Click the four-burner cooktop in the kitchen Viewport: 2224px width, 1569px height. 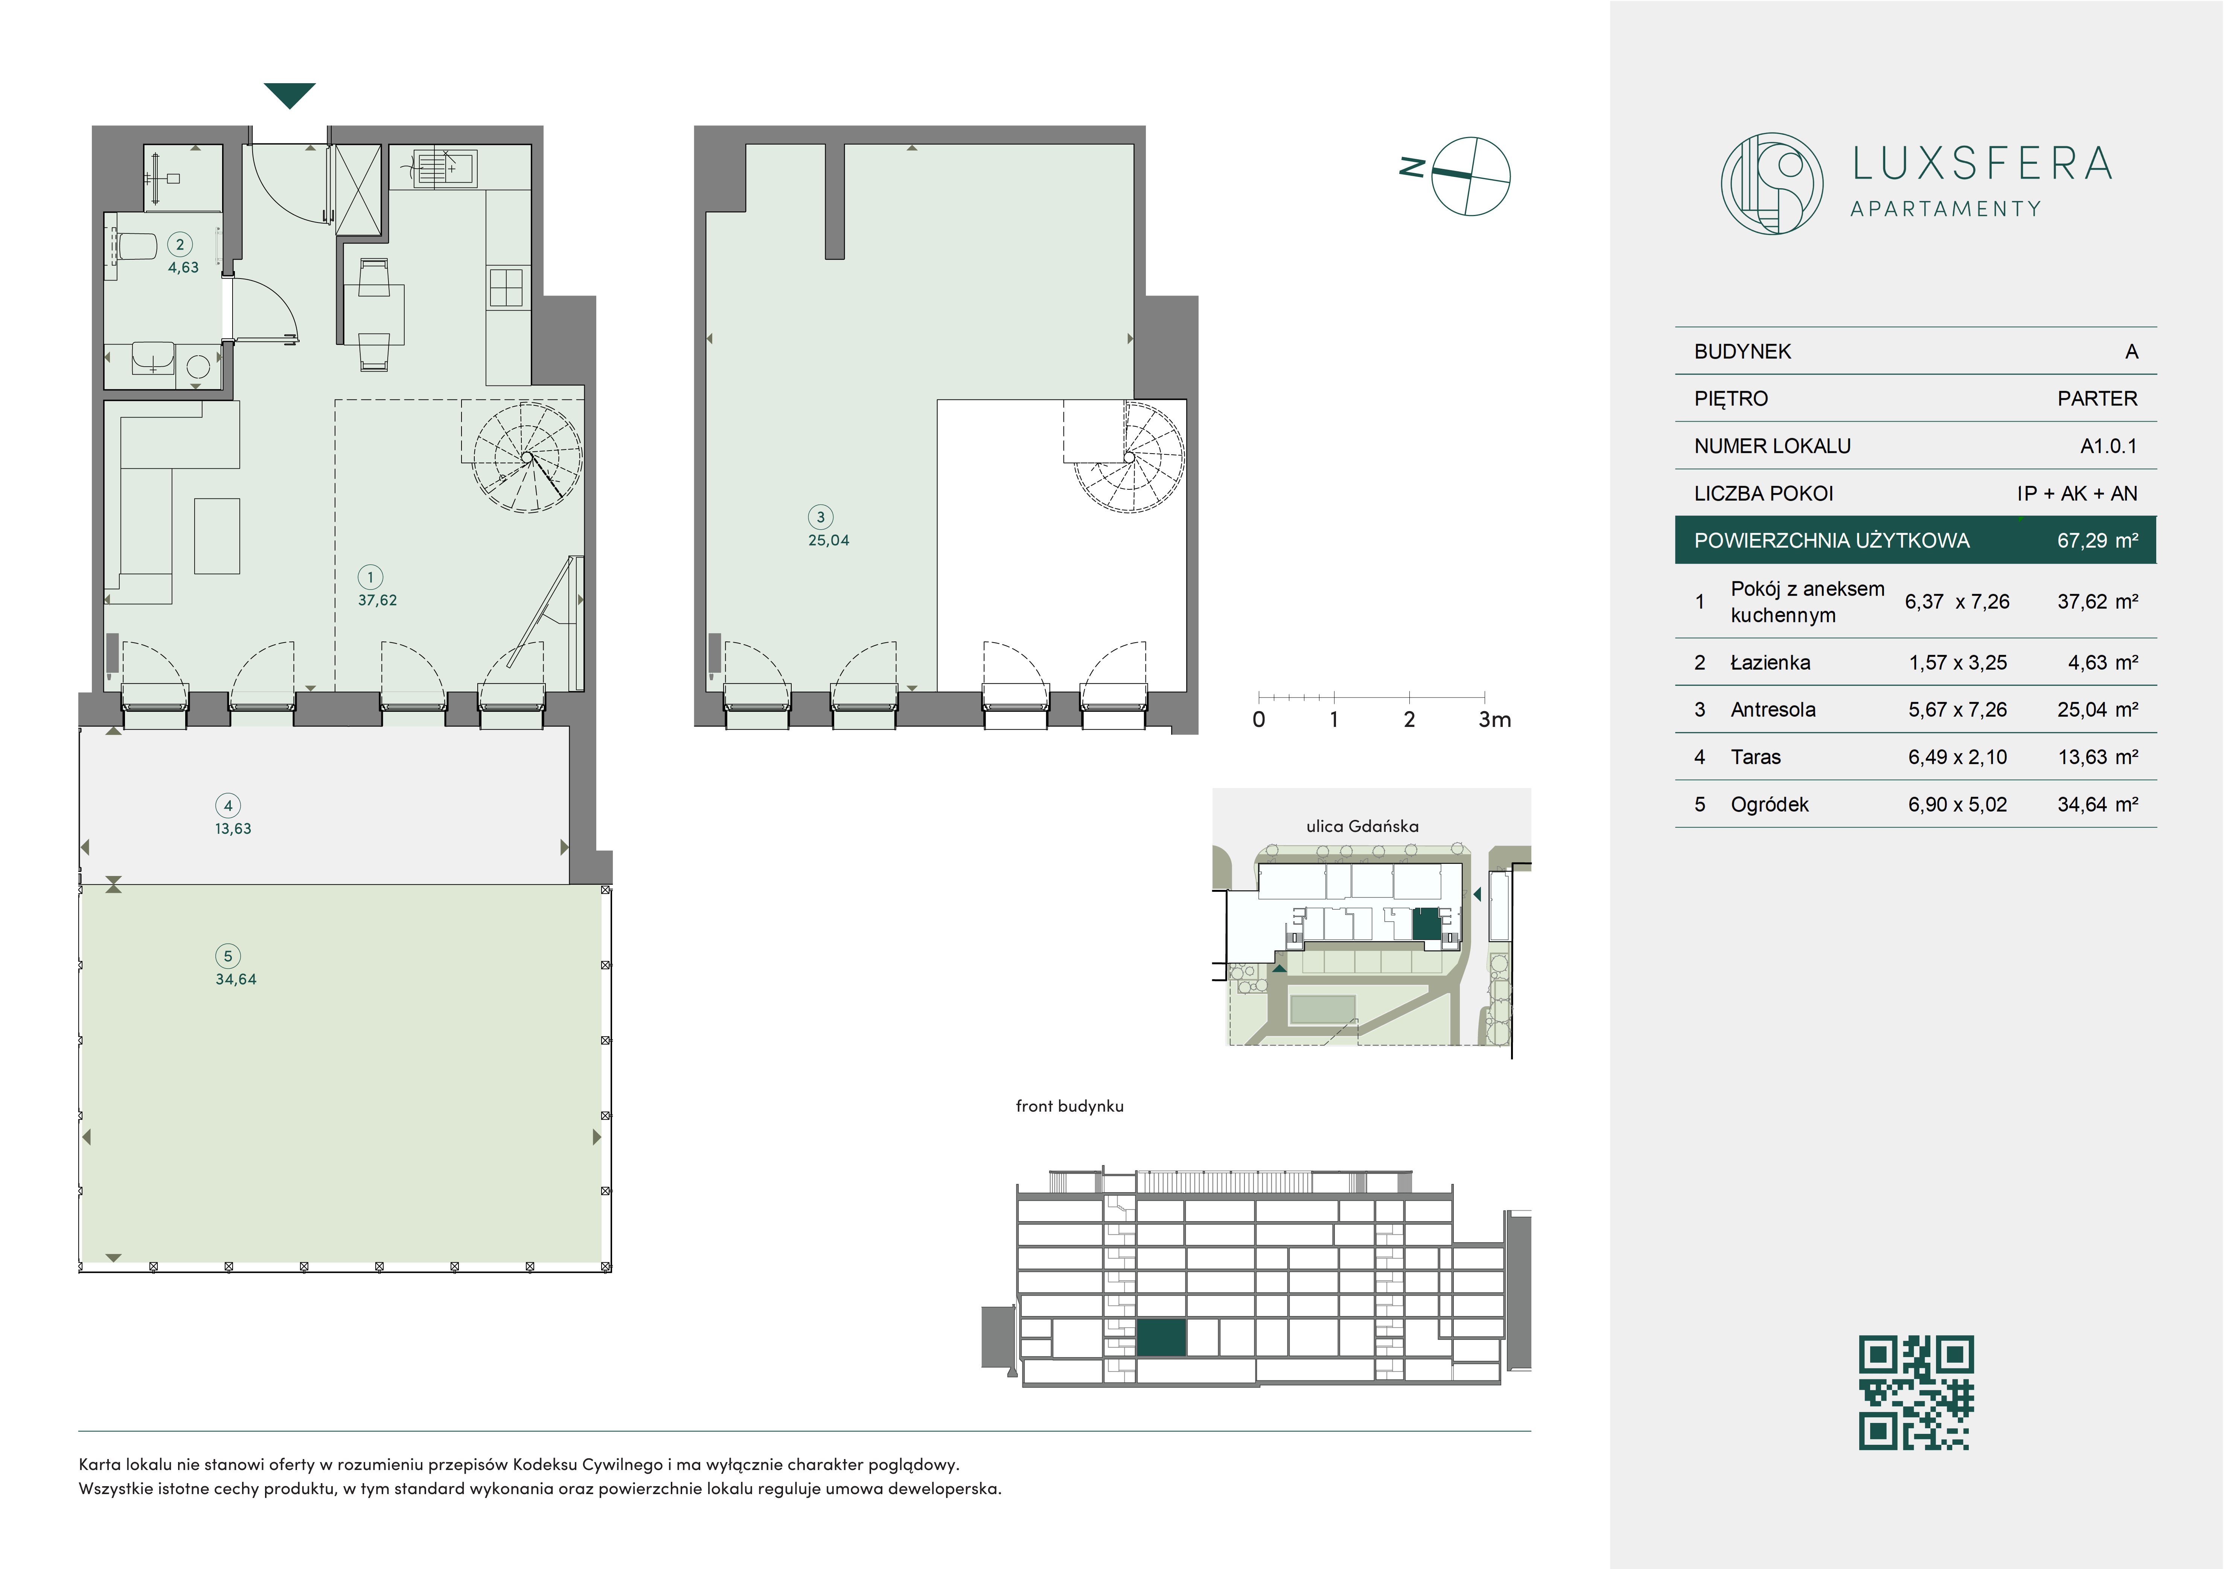[x=506, y=288]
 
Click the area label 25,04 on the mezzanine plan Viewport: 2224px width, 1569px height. [x=828, y=541]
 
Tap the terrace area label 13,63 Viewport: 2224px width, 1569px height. [x=233, y=829]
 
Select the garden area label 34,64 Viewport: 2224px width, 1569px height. [x=235, y=979]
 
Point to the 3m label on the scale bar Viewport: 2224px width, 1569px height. [x=1494, y=720]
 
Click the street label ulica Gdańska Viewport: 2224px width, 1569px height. [x=1362, y=826]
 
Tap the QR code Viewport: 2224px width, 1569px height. [x=1915, y=1392]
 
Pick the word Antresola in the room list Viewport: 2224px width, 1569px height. [x=1773, y=710]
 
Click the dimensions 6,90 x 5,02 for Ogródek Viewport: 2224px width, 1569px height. [x=1957, y=805]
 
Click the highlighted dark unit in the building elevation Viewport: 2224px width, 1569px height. [x=1161, y=1337]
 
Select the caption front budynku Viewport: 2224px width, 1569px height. [x=1069, y=1106]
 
